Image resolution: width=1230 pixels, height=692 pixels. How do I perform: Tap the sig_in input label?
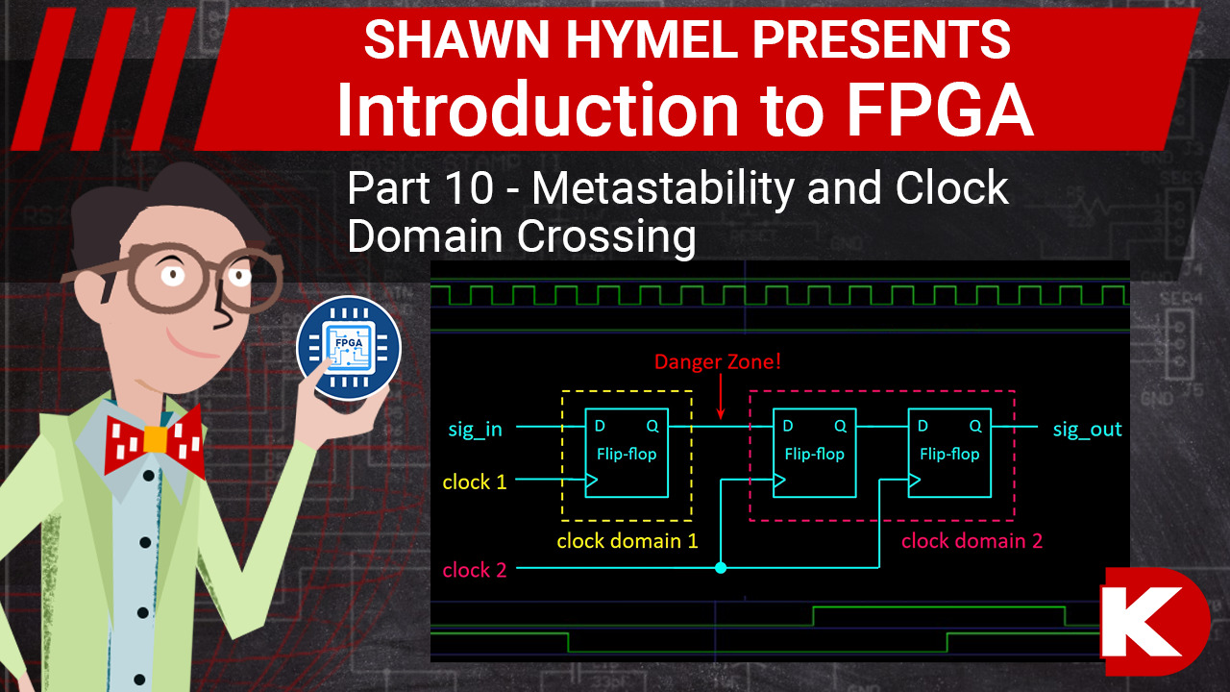(475, 429)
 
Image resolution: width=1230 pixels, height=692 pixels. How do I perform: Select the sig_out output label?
(1087, 429)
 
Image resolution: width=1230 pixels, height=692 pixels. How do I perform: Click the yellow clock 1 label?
(474, 482)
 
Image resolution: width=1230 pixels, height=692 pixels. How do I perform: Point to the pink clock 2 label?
(474, 570)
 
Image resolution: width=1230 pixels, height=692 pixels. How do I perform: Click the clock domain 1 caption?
(627, 541)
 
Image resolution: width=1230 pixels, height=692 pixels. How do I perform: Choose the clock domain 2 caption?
(972, 541)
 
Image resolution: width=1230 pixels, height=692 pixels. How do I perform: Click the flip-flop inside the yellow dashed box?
(627, 453)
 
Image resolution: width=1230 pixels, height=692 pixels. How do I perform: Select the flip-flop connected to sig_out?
(949, 453)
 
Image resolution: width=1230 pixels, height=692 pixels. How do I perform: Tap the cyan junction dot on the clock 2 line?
(721, 568)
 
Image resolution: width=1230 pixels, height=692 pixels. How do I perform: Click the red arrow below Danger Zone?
(721, 398)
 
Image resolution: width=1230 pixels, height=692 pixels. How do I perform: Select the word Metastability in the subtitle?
(664, 188)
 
